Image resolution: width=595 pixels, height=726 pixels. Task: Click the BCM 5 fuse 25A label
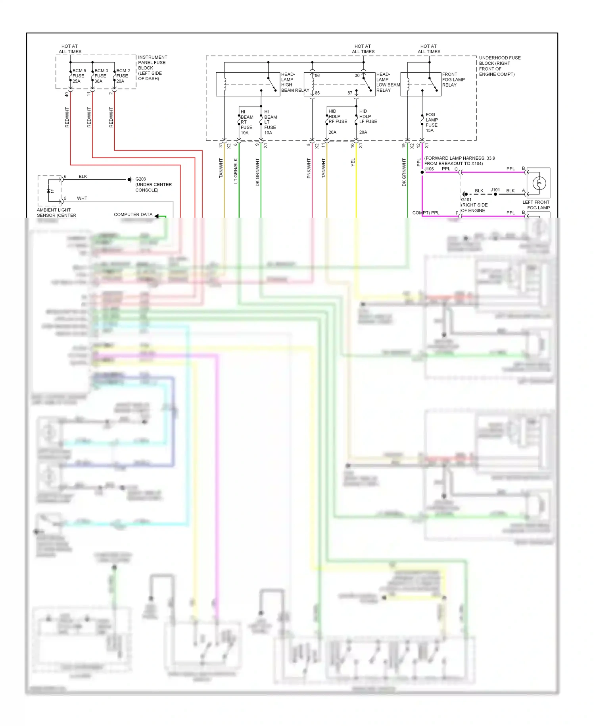click(x=79, y=76)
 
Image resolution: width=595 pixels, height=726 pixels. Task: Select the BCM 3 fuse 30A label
click(x=101, y=76)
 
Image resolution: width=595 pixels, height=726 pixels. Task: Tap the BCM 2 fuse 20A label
click(x=123, y=76)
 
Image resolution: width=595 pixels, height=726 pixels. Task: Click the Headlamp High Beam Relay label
click(x=294, y=82)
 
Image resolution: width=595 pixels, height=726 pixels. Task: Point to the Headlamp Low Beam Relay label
click(x=388, y=82)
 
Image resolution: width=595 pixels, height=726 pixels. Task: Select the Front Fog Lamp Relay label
click(x=453, y=79)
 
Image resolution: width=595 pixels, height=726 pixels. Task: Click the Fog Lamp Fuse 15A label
click(x=432, y=122)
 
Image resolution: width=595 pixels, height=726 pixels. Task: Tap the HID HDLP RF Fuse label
click(x=337, y=116)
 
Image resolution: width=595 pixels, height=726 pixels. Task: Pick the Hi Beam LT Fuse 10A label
click(x=270, y=122)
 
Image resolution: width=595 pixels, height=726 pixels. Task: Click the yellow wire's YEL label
click(x=353, y=162)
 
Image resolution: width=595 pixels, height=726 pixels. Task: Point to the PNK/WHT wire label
click(x=309, y=168)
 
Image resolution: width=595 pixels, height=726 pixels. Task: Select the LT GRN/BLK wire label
click(x=236, y=171)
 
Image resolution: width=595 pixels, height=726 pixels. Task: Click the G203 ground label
click(x=140, y=179)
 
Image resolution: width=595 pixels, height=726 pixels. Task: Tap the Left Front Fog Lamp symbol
click(x=539, y=183)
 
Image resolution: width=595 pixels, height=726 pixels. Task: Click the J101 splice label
click(x=495, y=190)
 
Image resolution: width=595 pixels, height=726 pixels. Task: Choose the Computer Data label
click(x=133, y=214)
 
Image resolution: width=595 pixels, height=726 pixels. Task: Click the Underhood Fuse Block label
click(x=499, y=66)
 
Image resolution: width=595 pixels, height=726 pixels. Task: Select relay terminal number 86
click(x=317, y=75)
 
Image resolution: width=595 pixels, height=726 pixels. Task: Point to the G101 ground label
click(x=466, y=200)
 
